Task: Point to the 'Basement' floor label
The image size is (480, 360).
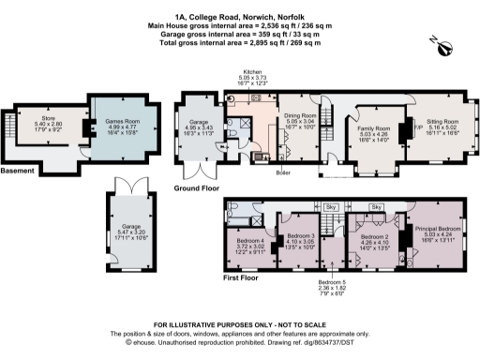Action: tap(18, 171)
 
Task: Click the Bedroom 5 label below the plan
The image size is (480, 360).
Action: tap(331, 285)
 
